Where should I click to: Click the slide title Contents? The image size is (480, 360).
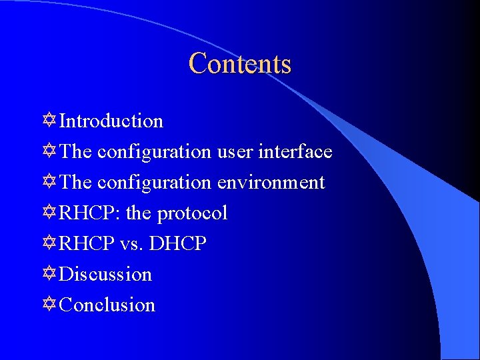(240, 64)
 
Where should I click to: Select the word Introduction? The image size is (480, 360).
(111, 121)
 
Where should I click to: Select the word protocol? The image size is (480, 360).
(192, 213)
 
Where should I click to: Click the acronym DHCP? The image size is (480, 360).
(178, 244)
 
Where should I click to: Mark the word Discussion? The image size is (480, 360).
(105, 275)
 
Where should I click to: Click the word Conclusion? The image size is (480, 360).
(107, 305)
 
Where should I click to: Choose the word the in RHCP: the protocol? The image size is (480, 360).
(138, 213)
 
